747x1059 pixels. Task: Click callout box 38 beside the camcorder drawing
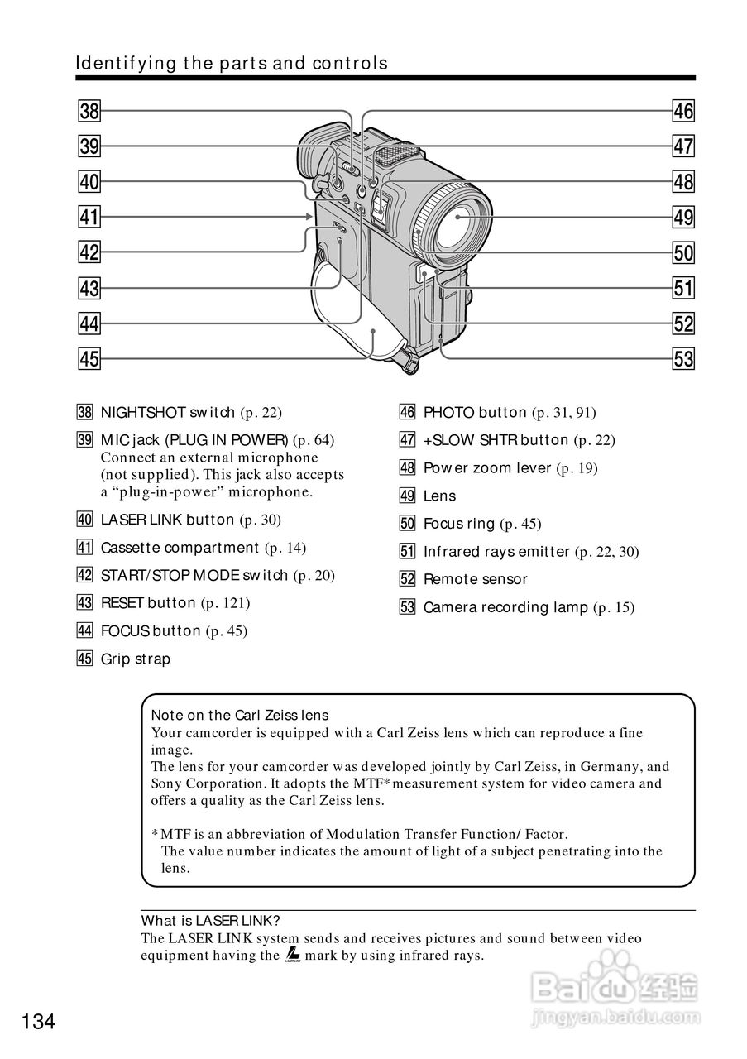pos(89,111)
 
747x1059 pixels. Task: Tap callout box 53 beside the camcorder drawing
pos(684,359)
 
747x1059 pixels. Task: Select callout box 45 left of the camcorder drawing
pos(89,359)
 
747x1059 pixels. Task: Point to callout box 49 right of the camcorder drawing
pos(684,218)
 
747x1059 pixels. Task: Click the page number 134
pos(39,1022)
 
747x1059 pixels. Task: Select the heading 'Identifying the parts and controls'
pos(232,64)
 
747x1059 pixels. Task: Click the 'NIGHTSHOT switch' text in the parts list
pos(168,412)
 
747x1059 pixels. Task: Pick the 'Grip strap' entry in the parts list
pos(136,659)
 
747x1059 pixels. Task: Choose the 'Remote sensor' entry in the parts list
pos(475,579)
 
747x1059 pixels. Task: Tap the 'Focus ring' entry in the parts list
pos(459,524)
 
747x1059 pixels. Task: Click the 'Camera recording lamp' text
pos(505,607)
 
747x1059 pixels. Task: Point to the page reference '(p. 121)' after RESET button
pos(225,603)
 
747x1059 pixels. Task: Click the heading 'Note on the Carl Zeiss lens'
pos(240,716)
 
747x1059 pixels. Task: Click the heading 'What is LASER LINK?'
pos(211,921)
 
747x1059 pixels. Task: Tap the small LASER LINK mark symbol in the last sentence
pos(292,956)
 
